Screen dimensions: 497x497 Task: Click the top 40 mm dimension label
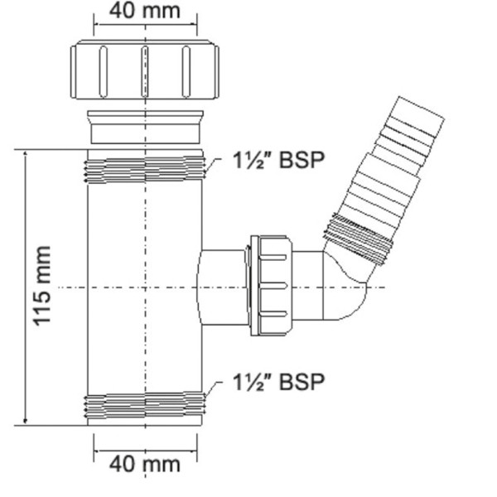pos(145,12)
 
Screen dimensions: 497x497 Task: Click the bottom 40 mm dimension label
pos(145,464)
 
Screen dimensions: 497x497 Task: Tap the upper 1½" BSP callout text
pos(278,161)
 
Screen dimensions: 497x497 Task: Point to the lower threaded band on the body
pos(145,404)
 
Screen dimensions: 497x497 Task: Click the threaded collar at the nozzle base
pos(356,236)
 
